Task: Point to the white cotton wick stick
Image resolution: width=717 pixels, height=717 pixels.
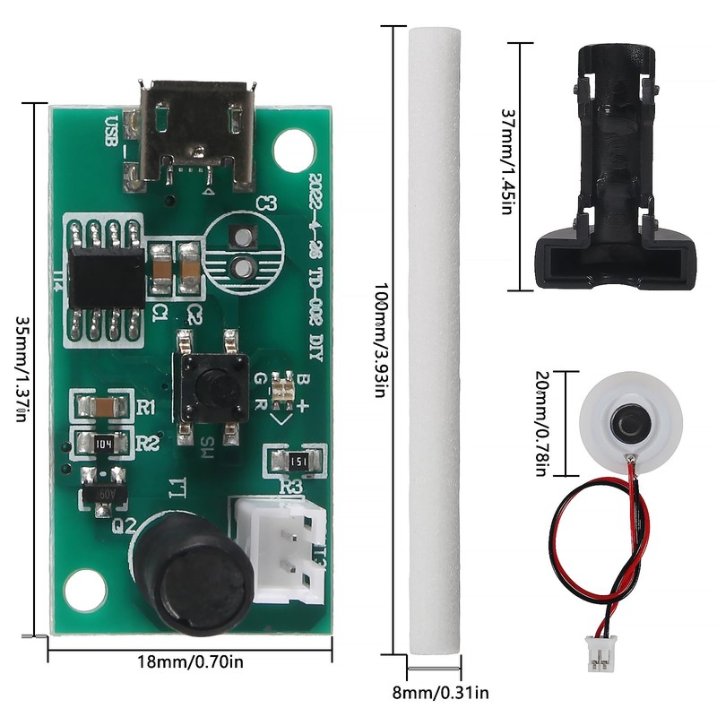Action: coord(434,341)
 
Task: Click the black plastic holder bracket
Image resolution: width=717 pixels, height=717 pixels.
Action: coord(615,170)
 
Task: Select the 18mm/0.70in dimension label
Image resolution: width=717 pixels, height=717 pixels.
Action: coord(189,662)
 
